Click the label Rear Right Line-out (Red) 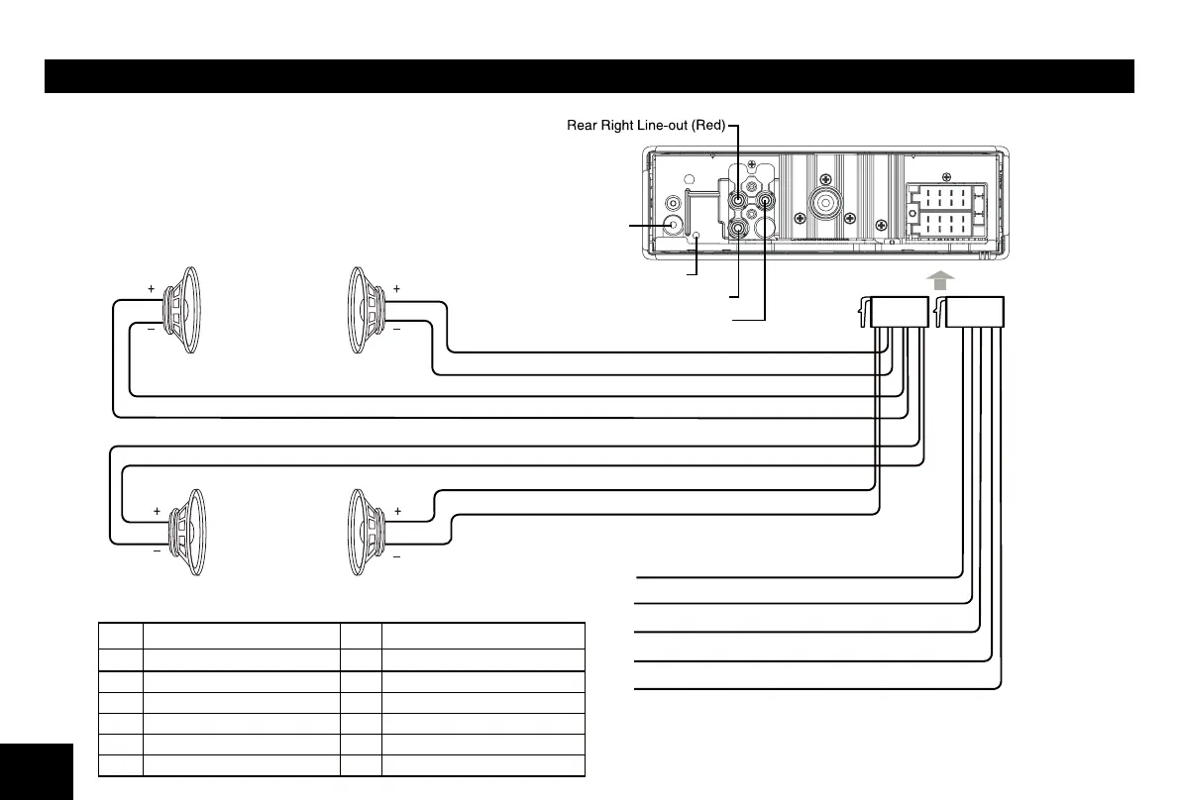(x=646, y=126)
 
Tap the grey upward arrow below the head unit (x=939, y=281)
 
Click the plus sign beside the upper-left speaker (x=151, y=288)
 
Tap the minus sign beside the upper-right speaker (x=396, y=328)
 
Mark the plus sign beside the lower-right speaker (x=397, y=511)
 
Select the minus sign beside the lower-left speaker (x=157, y=554)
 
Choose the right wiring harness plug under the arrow (x=973, y=312)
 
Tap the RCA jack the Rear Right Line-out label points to (x=739, y=201)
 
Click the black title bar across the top (x=589, y=76)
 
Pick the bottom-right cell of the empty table (x=483, y=765)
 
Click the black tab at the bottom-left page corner (x=37, y=772)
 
